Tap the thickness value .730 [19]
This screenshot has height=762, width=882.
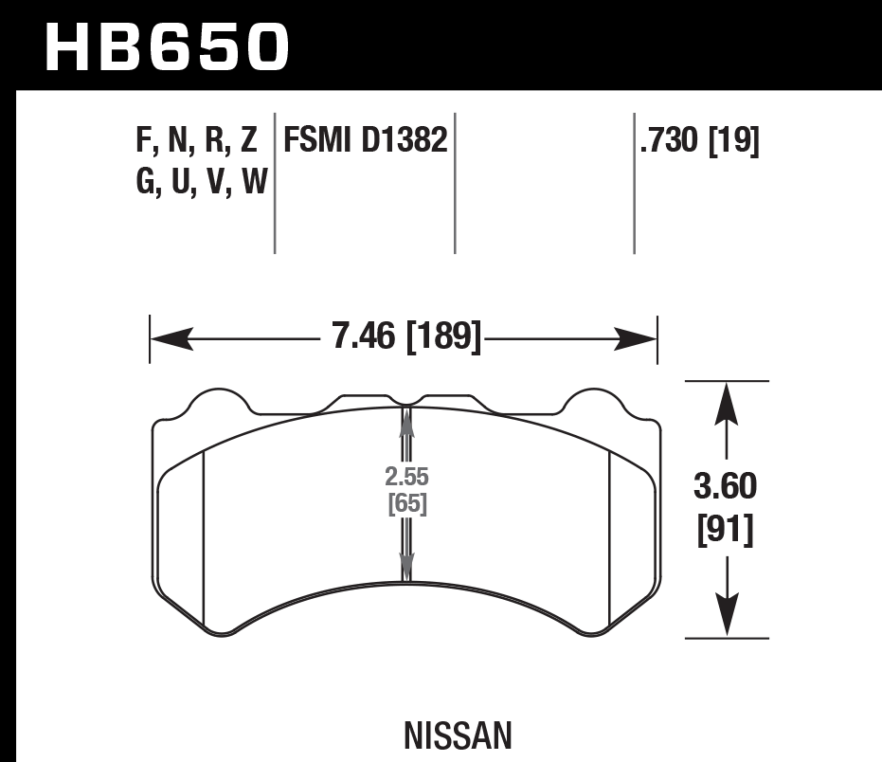pyautogui.click(x=700, y=141)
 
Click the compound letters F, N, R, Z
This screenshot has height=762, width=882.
pyautogui.click(x=196, y=141)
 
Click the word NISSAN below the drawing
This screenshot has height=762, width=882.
pyautogui.click(x=458, y=735)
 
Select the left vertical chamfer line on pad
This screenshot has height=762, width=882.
pyautogui.click(x=205, y=540)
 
